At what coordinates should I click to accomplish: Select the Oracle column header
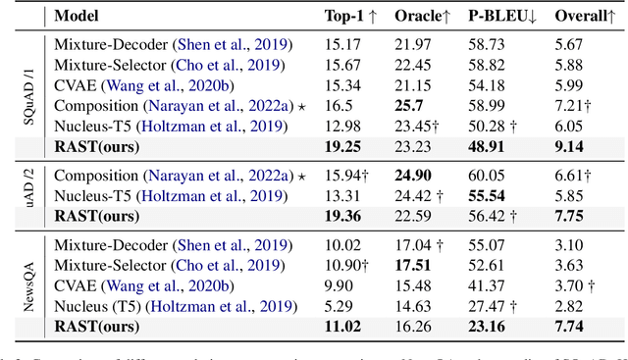click(x=422, y=17)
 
